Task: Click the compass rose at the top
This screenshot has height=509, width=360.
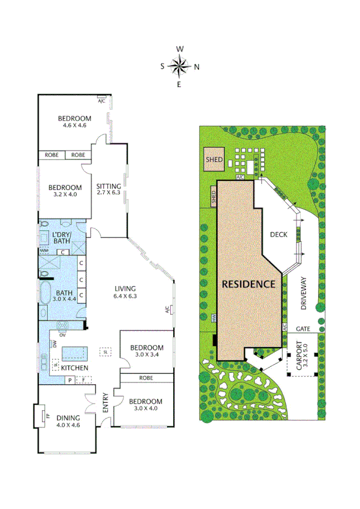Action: [179, 67]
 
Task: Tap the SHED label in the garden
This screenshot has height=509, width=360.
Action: [214, 160]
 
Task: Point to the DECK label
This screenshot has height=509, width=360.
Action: [280, 235]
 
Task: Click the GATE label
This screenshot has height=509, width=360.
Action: [302, 329]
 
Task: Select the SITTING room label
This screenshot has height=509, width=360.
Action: [108, 189]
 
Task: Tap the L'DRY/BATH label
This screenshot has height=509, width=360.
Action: [62, 237]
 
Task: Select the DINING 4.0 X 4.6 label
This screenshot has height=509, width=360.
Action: [68, 421]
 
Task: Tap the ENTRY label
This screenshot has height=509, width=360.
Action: [105, 404]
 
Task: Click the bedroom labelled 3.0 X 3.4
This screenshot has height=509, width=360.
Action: [147, 351]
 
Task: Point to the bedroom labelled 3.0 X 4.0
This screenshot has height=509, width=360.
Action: [147, 405]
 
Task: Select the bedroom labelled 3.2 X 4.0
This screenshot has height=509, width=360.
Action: [65, 191]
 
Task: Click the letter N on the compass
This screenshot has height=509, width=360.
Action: [196, 67]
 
